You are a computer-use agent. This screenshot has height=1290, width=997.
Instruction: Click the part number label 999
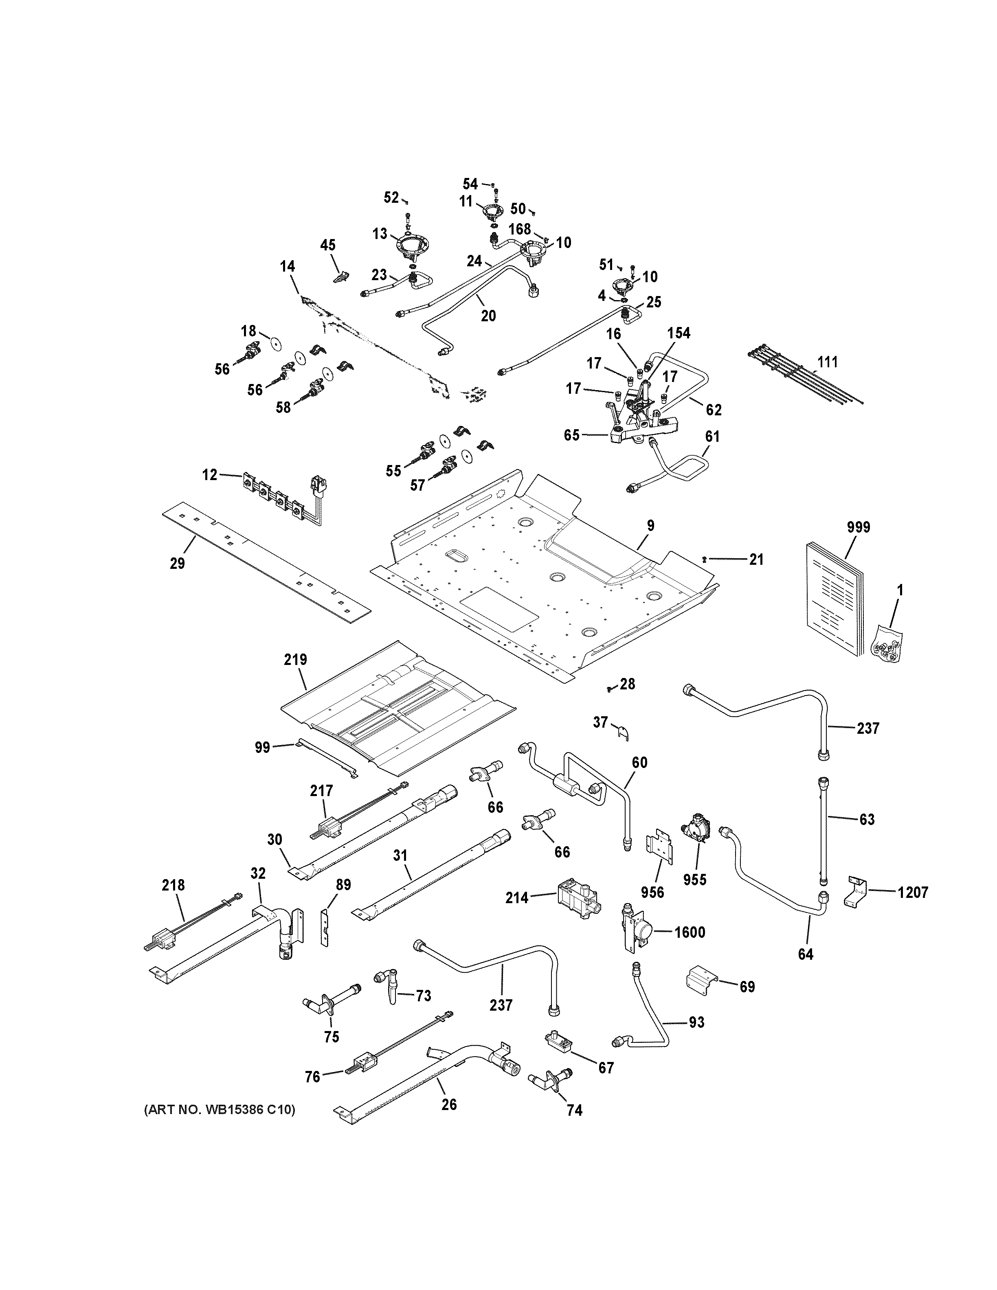[x=858, y=527]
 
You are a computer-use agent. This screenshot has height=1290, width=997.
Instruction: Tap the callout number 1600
[x=690, y=932]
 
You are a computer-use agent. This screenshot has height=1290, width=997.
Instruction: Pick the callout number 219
[x=295, y=659]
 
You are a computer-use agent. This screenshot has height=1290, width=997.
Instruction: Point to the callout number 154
[x=679, y=333]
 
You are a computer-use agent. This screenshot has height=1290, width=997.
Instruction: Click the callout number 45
[x=328, y=245]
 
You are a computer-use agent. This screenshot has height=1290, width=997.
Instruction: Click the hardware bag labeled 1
[x=889, y=645]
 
